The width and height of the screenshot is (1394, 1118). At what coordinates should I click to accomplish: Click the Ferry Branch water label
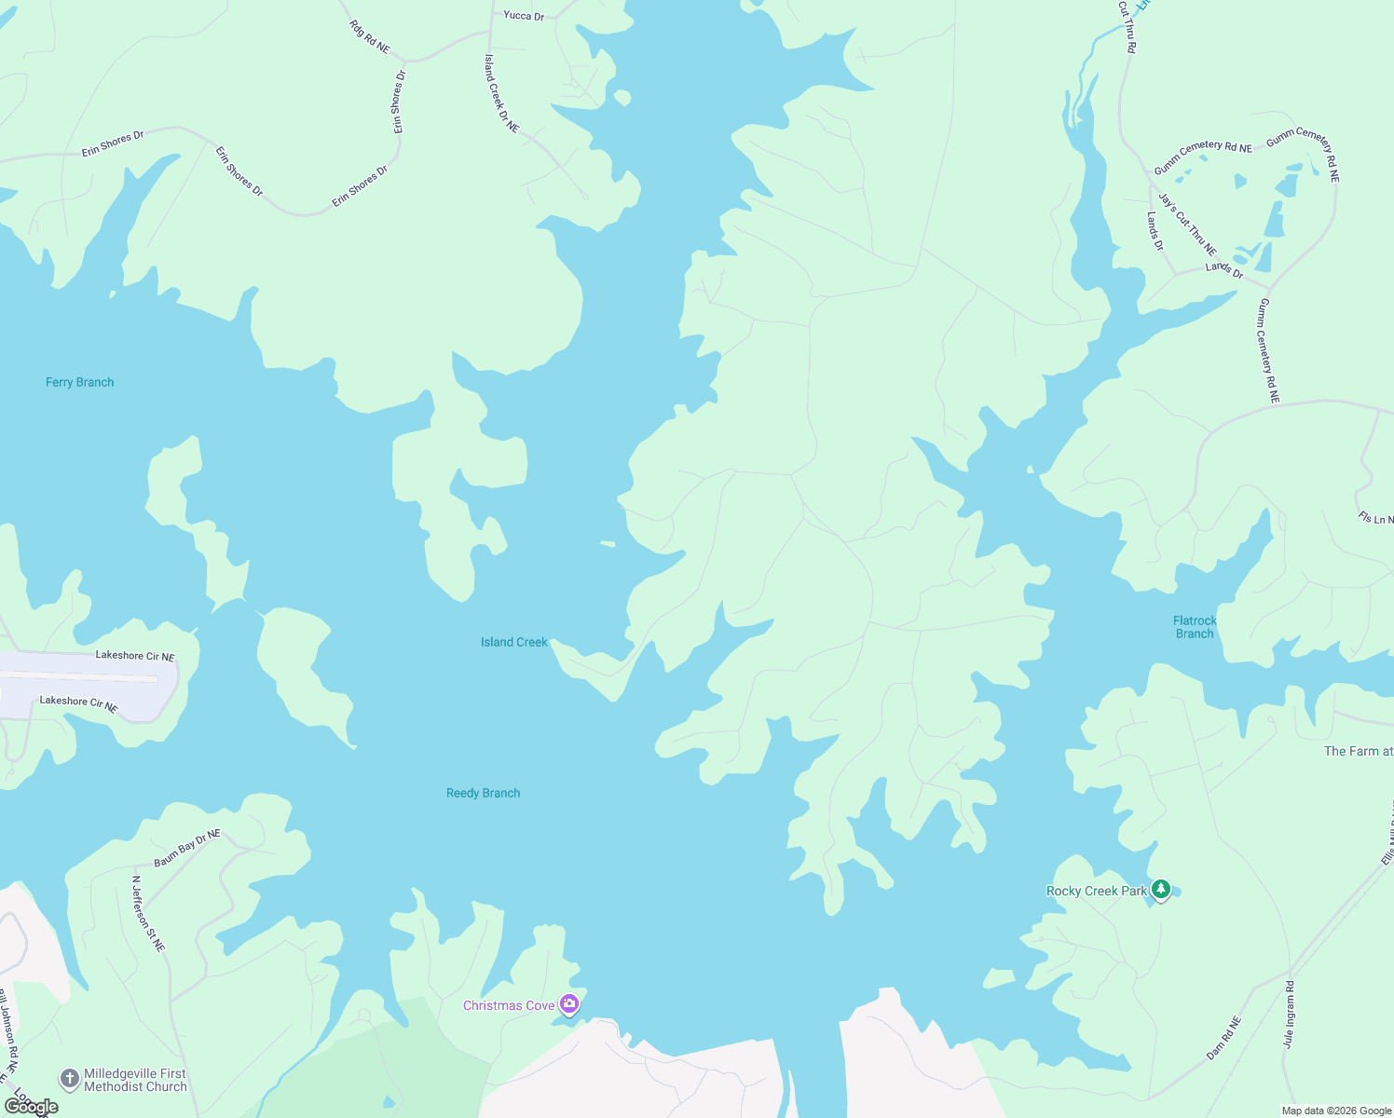(80, 382)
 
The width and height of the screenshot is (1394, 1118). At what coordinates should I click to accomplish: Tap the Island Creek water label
(514, 642)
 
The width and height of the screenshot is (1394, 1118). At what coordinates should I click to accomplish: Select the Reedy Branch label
(483, 793)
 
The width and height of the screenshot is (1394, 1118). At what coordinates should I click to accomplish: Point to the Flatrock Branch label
(1195, 627)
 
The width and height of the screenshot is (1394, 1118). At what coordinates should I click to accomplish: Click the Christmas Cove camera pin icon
(569, 1004)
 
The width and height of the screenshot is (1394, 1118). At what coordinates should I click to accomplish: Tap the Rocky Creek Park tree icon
(1160, 890)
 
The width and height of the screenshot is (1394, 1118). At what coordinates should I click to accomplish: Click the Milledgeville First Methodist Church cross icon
(69, 1079)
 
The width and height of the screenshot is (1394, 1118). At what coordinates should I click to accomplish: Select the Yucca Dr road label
(524, 16)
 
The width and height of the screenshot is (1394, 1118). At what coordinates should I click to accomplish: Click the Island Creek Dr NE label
(501, 93)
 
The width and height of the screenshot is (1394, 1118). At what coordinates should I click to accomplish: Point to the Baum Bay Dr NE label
(187, 848)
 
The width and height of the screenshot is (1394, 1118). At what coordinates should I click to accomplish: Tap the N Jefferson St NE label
(148, 913)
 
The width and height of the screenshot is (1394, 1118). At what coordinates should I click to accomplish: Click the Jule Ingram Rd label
(1289, 1015)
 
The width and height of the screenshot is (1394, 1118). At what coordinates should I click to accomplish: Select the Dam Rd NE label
(1224, 1037)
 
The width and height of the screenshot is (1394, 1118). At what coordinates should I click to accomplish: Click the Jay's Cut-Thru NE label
(1188, 224)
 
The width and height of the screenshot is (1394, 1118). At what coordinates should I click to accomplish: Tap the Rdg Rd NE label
(370, 36)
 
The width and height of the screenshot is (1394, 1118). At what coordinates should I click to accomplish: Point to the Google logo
(32, 1107)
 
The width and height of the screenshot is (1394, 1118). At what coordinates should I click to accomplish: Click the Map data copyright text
(1336, 1111)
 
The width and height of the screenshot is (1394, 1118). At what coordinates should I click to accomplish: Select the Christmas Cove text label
(509, 1005)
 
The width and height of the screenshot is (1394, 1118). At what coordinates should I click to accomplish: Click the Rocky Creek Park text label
(1097, 891)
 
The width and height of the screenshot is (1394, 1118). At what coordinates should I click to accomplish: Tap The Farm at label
(1358, 751)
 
